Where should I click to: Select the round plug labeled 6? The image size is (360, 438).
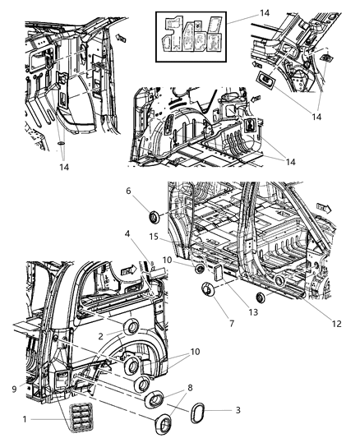tap(153, 217)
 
